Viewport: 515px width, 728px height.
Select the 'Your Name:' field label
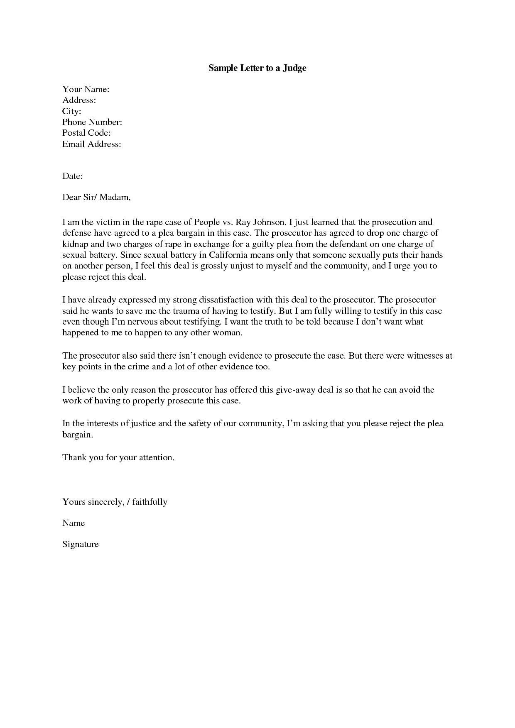point(86,89)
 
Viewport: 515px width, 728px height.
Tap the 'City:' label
point(71,111)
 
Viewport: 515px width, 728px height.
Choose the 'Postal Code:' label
point(86,133)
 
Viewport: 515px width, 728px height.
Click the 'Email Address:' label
point(91,144)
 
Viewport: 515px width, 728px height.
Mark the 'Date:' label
point(73,176)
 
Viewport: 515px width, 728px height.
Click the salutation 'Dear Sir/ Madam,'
point(96,197)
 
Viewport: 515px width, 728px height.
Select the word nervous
point(145,321)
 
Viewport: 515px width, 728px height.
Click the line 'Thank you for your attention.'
point(118,457)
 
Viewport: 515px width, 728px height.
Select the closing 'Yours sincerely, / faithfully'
point(115,502)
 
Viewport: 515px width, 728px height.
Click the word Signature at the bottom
point(81,544)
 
